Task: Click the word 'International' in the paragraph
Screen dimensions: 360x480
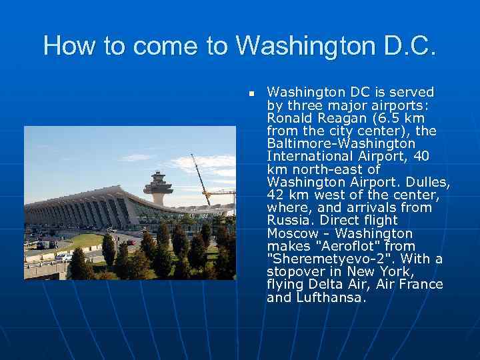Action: pos(306,157)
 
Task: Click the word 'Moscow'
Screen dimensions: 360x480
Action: pos(293,233)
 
